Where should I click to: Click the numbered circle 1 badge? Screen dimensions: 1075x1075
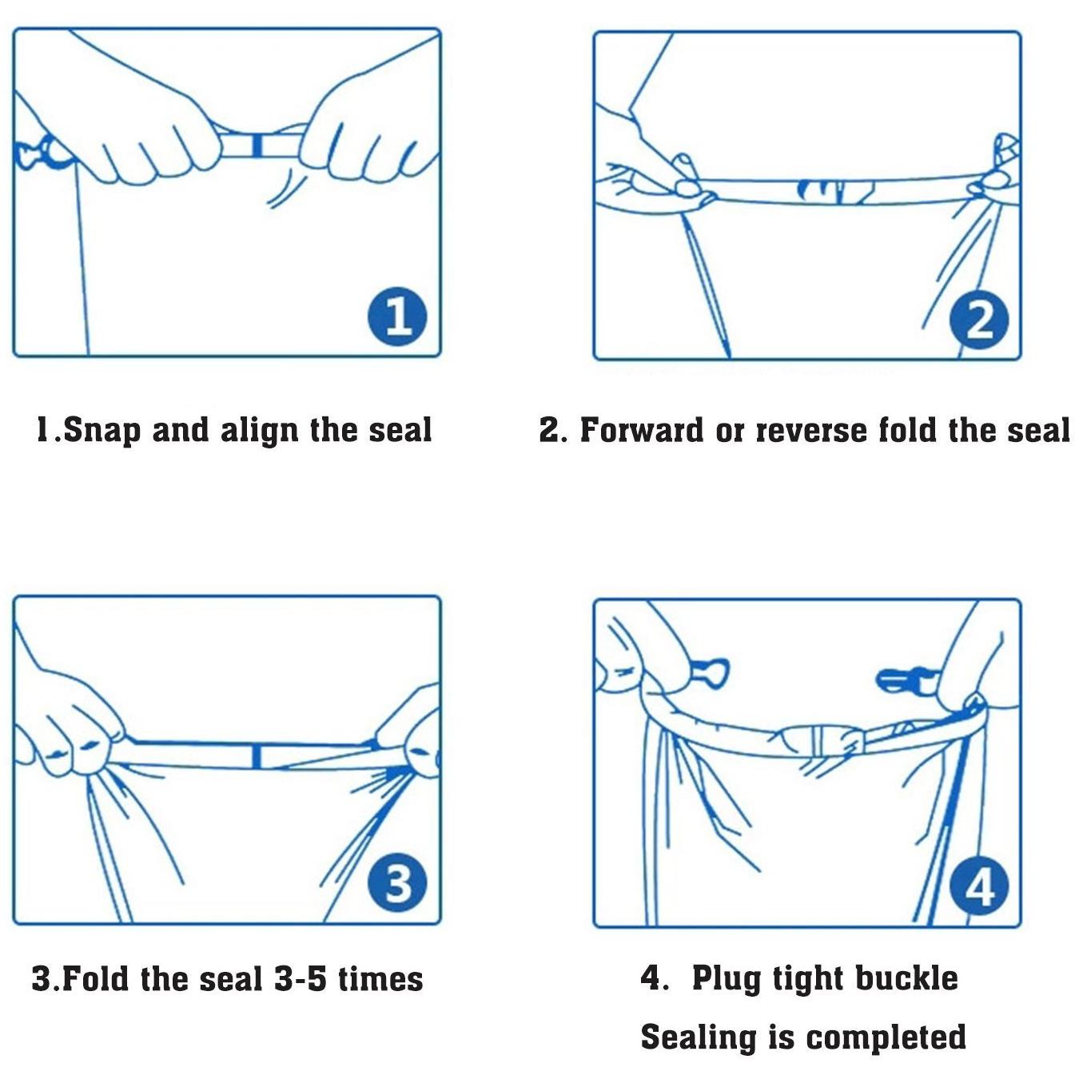click(x=397, y=317)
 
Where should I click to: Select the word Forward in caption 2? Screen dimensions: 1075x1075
click(x=642, y=431)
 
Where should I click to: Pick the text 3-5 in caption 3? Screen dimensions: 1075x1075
click(x=301, y=979)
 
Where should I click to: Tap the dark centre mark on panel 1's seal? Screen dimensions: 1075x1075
click(x=256, y=145)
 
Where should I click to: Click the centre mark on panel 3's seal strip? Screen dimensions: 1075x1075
click(x=256, y=756)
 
